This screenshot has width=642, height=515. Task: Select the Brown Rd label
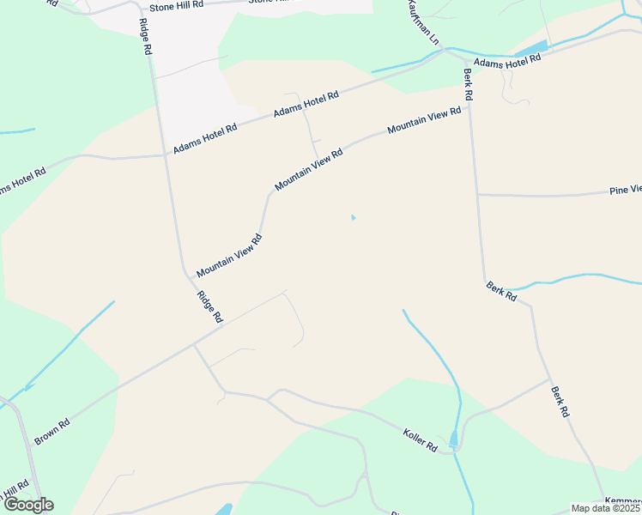point(51,432)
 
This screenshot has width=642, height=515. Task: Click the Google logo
point(28,505)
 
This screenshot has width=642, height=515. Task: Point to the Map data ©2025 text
point(606,508)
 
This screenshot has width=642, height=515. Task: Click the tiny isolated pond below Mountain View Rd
point(352,217)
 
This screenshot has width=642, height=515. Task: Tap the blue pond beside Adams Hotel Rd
point(531,48)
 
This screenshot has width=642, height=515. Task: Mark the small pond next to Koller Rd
point(453,439)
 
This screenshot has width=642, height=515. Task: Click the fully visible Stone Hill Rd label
point(176,5)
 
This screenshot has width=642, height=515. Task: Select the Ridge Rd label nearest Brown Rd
point(209,307)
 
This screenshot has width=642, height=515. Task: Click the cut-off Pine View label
point(625,190)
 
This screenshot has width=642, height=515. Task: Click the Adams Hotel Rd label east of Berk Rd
point(507,61)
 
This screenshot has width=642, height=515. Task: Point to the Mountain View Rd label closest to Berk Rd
point(424,120)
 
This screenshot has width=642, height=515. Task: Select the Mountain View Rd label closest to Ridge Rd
point(228,256)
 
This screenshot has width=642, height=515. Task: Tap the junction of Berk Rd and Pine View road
point(477,194)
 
